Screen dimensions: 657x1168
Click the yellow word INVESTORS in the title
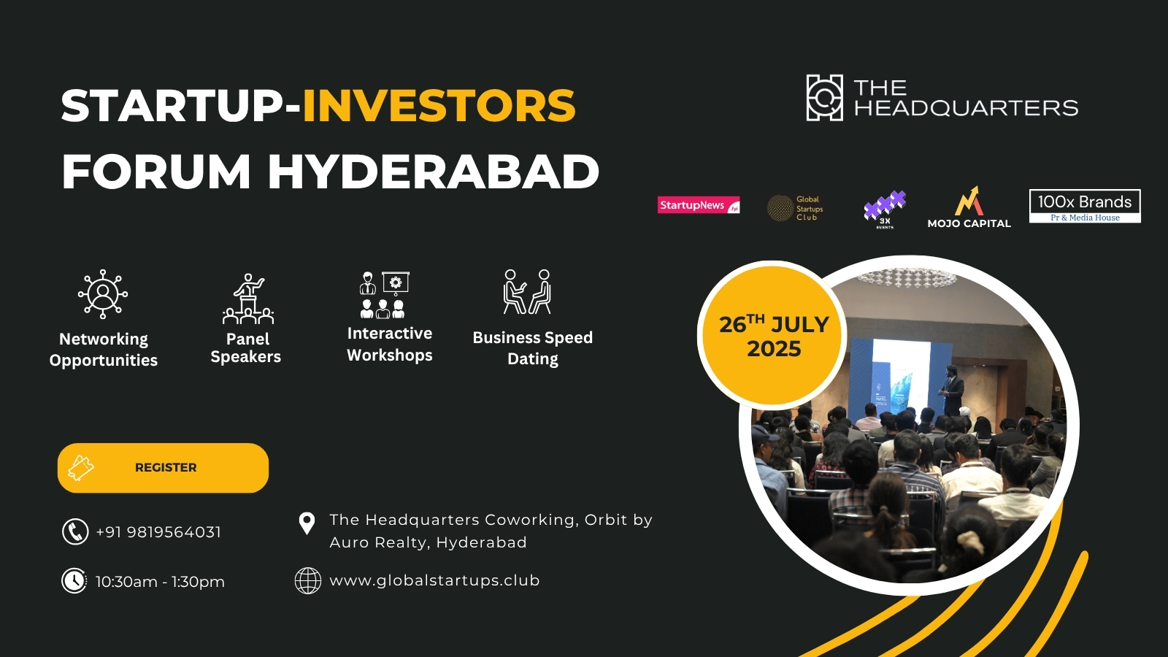439,106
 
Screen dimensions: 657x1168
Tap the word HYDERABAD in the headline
433,172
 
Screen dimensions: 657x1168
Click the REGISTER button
163,468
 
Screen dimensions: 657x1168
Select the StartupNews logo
699,206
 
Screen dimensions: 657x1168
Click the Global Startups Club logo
795,208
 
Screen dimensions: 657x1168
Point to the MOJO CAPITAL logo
969,208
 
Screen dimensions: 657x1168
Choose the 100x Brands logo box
1085,206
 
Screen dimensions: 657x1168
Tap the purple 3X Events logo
885,209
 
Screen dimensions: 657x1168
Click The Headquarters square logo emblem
824,98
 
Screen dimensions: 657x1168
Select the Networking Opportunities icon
103,293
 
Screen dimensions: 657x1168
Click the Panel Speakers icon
248,299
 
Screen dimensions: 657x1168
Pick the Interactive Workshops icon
384,295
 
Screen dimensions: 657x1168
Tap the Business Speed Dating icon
527,292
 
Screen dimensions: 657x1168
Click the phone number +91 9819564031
158,532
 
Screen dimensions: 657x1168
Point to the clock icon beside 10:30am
74,581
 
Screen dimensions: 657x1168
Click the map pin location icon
307,523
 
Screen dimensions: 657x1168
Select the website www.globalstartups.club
434,580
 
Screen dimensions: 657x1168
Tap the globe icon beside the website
307,581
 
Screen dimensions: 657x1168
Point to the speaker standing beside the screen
952,389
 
